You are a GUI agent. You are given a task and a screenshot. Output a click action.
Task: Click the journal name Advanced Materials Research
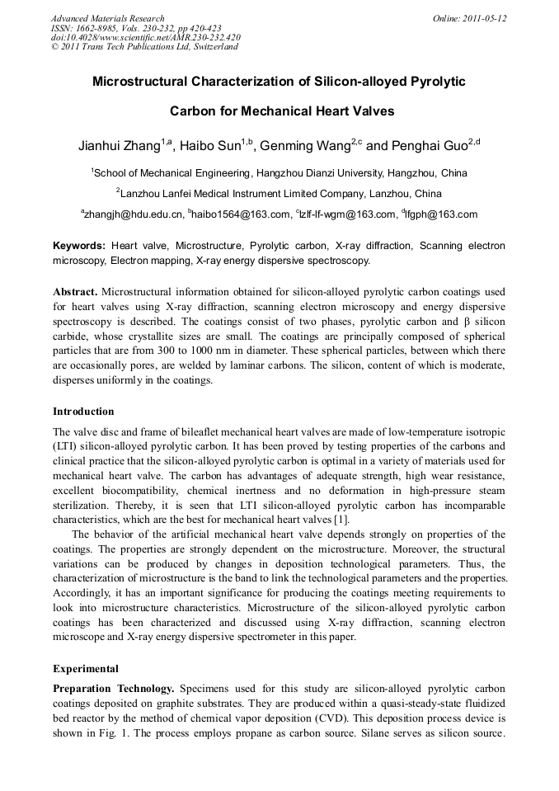[107, 18]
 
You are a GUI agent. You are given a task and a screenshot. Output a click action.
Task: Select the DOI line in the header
[145, 37]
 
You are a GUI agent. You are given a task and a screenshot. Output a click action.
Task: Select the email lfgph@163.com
[442, 215]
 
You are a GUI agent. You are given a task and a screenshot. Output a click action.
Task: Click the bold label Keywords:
[79, 246]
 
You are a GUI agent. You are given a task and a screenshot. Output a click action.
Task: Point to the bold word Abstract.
[75, 292]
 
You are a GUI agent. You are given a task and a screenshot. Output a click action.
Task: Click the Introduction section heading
[83, 411]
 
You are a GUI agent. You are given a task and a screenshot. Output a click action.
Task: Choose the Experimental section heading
[86, 669]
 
